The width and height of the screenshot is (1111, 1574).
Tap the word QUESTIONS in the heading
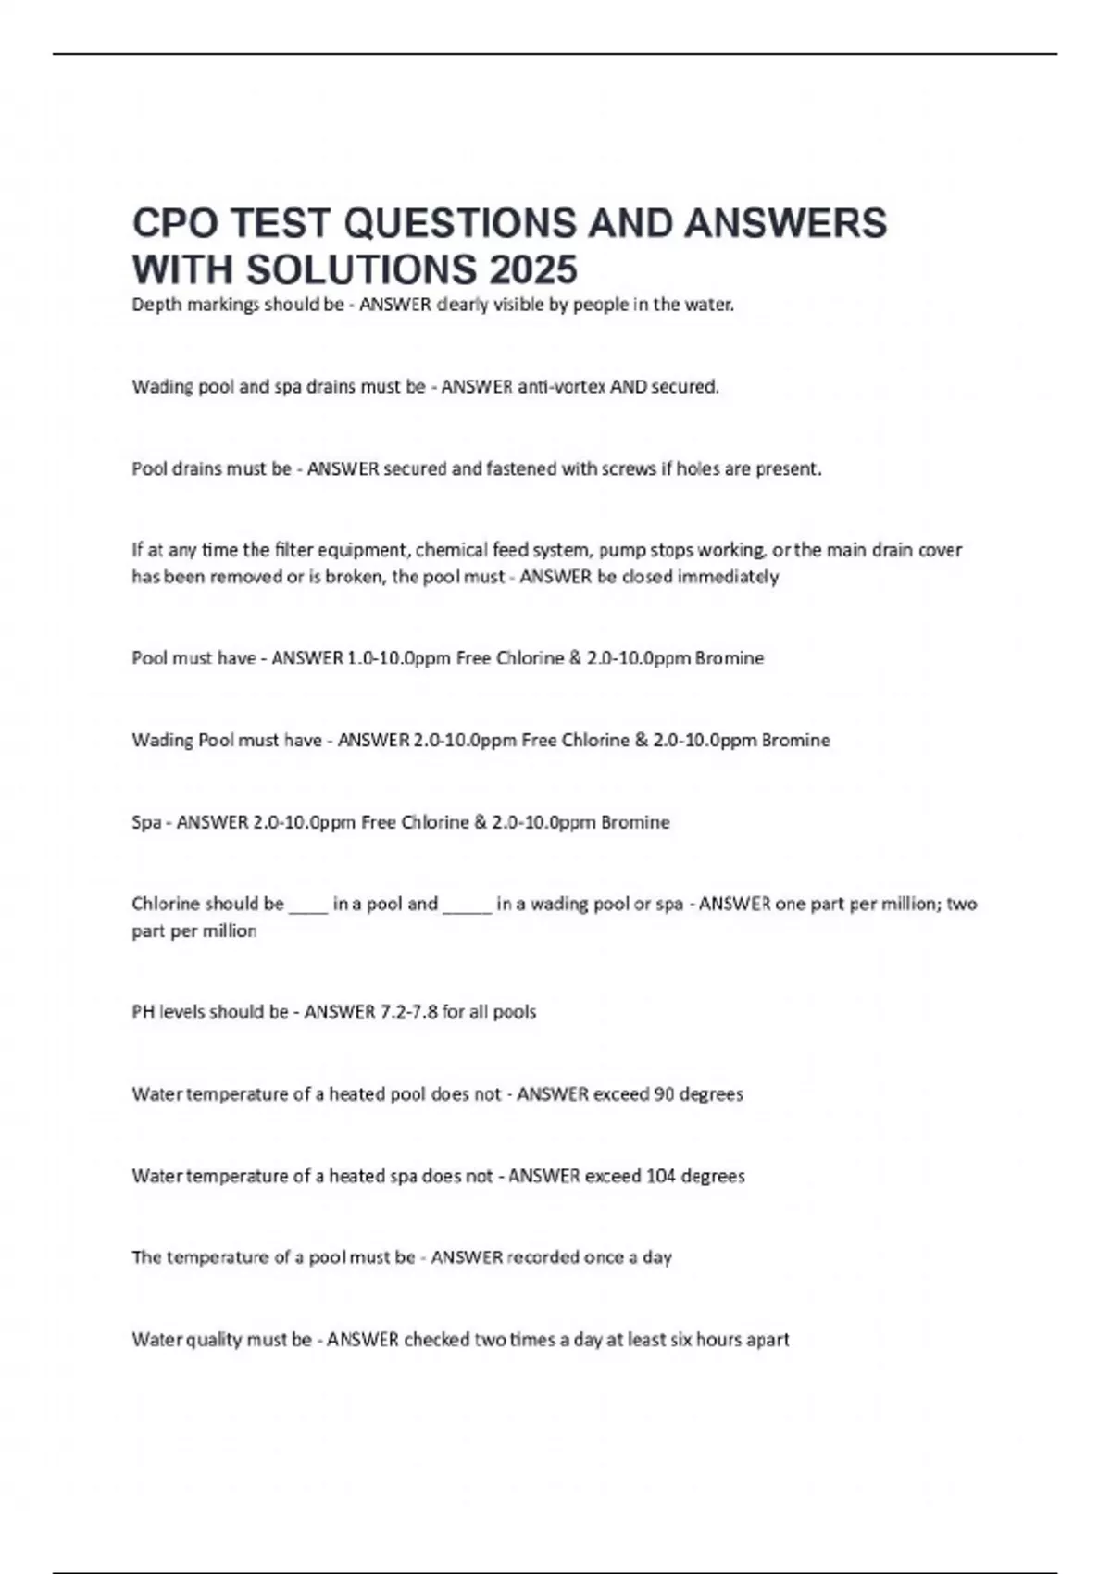tap(506, 223)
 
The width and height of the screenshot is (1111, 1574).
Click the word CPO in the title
tap(174, 223)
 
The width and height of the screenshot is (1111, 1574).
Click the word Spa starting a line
tap(145, 822)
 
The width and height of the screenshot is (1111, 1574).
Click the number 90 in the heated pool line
tap(663, 1094)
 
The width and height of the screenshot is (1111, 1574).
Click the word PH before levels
tap(143, 1012)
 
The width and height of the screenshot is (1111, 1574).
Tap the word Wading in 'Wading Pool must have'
tap(163, 740)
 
